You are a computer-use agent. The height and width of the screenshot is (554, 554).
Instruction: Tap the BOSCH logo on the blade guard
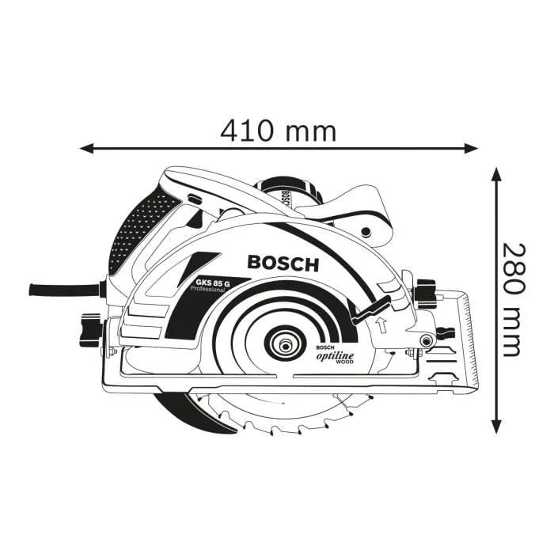pyautogui.click(x=283, y=263)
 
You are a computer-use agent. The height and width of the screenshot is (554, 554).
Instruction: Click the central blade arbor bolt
pyautogui.click(x=283, y=346)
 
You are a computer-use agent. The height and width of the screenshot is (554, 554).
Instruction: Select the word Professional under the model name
pyautogui.click(x=208, y=290)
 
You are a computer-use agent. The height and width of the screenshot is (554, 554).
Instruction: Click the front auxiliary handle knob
pyautogui.click(x=366, y=231)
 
